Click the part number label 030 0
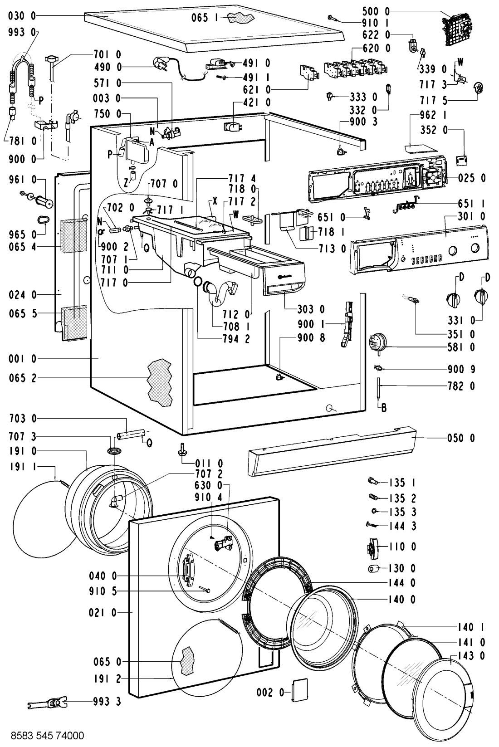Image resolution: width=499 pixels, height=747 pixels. click(x=21, y=16)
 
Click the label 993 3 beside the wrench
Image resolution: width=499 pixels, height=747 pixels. click(x=108, y=702)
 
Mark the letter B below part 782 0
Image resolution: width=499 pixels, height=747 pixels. click(x=384, y=409)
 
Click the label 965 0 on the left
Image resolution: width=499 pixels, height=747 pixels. click(x=21, y=234)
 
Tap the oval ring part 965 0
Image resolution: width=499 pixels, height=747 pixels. click(x=42, y=220)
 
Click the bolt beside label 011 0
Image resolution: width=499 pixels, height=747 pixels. click(x=183, y=450)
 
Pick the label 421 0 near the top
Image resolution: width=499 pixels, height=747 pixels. click(x=259, y=103)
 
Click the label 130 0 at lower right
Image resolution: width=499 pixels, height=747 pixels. click(x=401, y=568)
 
